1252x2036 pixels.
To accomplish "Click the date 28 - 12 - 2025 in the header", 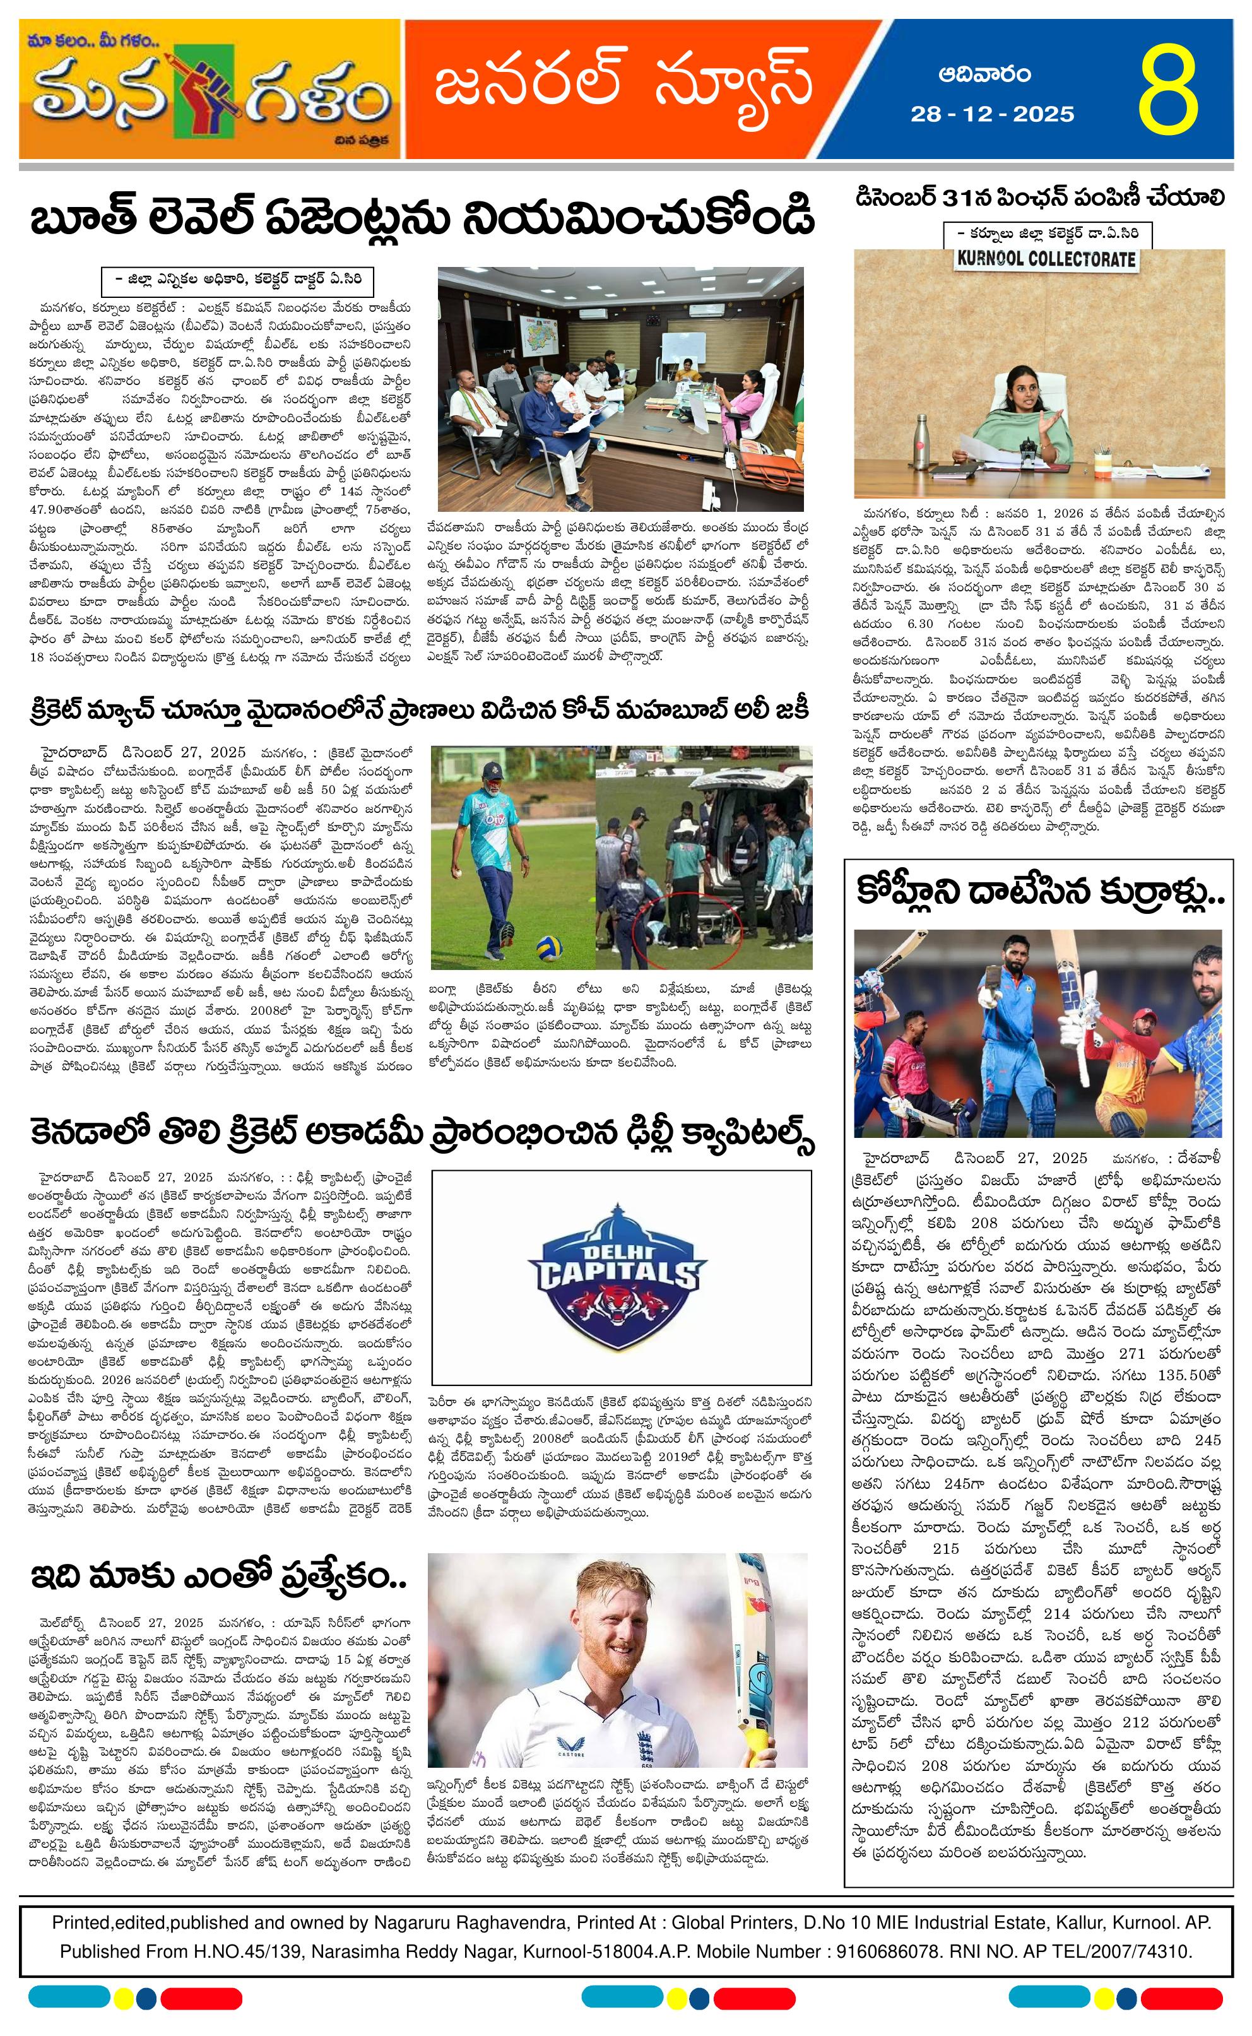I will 992,114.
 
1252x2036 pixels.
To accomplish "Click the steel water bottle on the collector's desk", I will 921,448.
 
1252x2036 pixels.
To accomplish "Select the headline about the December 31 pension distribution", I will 1040,199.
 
